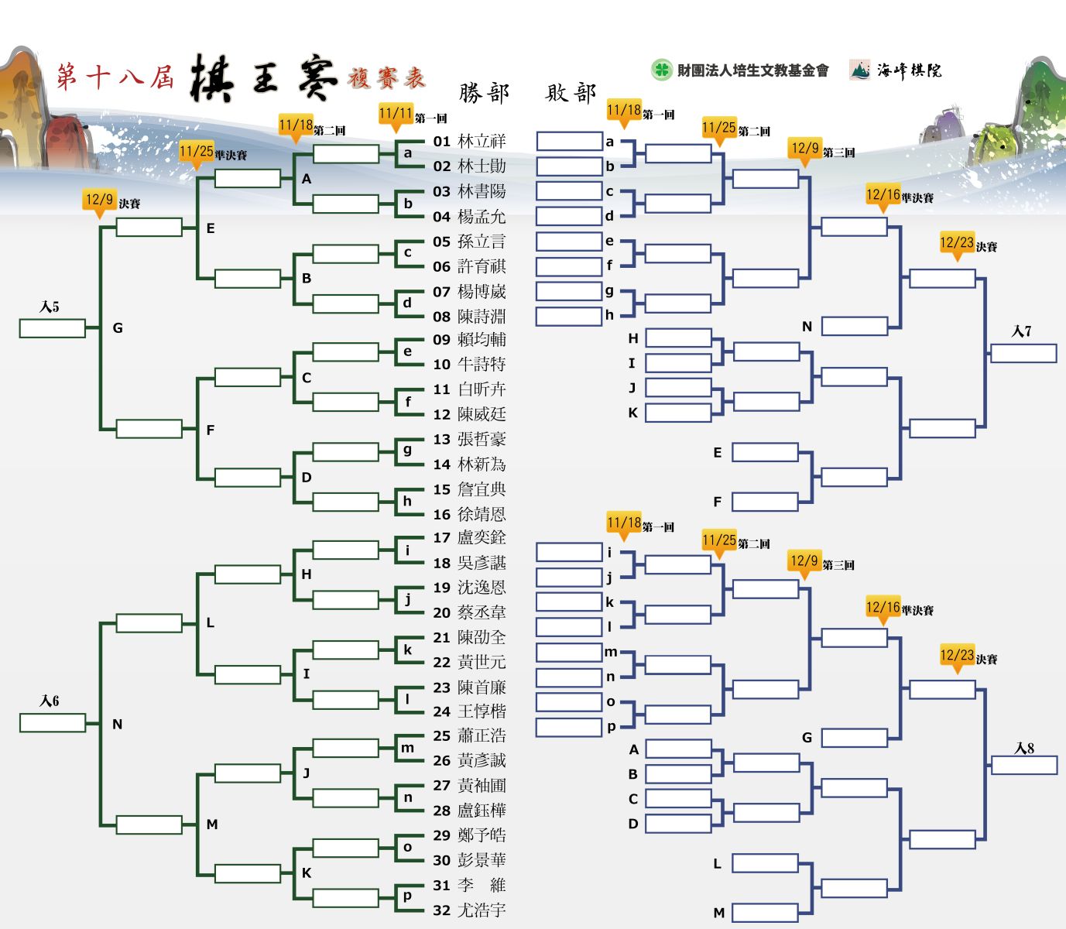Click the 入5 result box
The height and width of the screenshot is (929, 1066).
pos(53,328)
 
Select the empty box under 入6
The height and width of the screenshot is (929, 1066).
pos(53,722)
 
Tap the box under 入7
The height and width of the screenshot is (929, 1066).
pos(1023,353)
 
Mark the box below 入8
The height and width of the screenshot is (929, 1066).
pos(1023,765)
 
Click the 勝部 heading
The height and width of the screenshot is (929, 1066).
pos(484,94)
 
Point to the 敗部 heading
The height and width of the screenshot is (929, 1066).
pos(571,94)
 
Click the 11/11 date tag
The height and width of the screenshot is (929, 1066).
pos(396,115)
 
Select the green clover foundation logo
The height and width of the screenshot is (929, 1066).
pos(661,70)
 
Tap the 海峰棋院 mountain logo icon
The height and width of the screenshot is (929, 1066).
pos(859,70)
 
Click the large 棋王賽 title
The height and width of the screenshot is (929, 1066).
pos(263,78)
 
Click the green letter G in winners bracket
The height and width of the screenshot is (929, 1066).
pos(118,328)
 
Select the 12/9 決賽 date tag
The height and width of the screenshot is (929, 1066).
pos(99,201)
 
